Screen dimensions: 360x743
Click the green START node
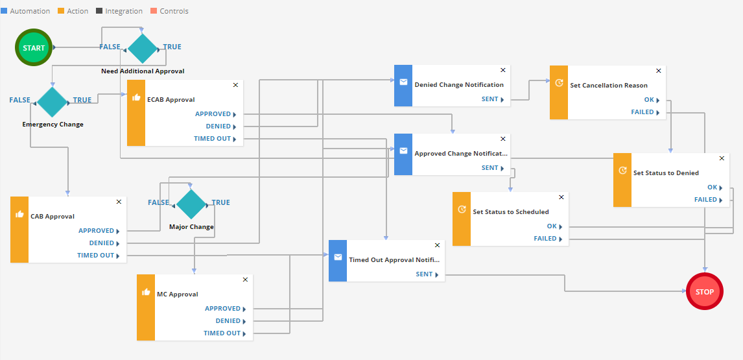[34, 47]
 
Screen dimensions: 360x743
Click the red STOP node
[704, 292]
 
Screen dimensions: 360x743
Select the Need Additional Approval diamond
[143, 47]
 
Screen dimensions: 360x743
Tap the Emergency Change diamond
[53, 101]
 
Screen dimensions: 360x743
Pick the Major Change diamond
[191, 204]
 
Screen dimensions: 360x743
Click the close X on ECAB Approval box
[235, 85]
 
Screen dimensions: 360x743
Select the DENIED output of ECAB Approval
[218, 126]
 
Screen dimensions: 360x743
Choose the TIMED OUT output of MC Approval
[222, 333]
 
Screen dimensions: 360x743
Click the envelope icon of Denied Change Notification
[403, 82]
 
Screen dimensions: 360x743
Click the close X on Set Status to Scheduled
[561, 197]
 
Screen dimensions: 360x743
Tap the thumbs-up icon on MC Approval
[146, 292]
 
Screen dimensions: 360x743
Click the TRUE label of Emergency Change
[82, 100]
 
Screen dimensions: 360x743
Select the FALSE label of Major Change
[158, 202]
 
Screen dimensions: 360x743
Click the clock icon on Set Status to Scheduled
[462, 210]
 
